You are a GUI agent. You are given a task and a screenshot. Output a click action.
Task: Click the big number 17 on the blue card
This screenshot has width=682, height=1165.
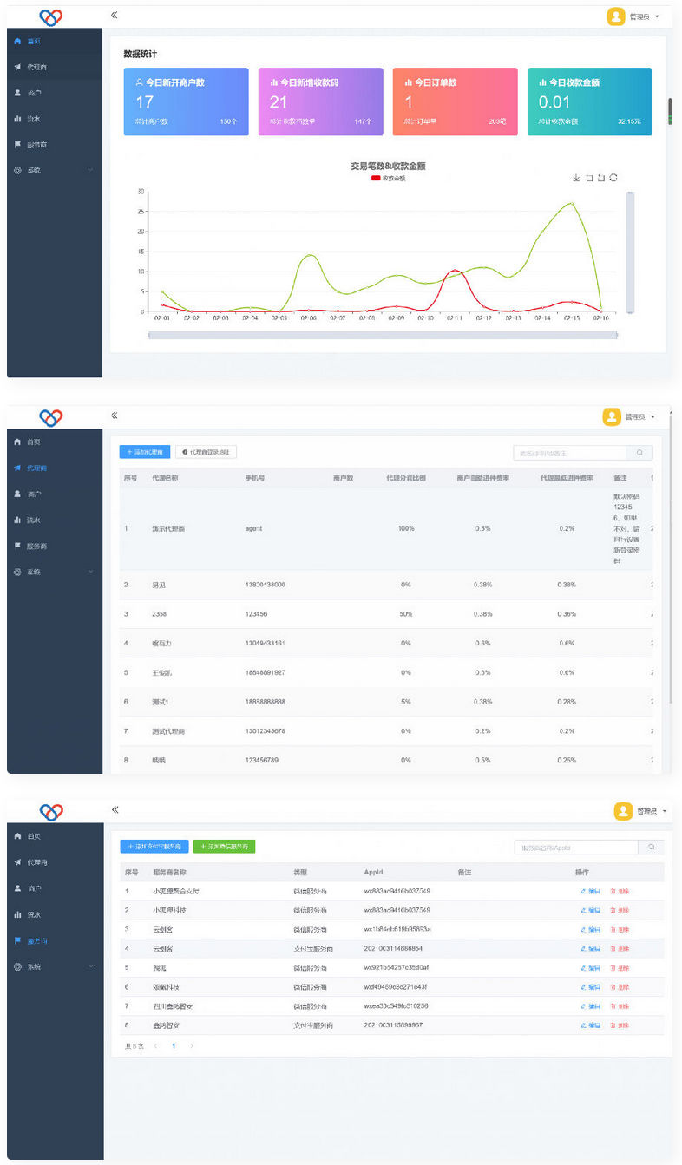[x=145, y=102]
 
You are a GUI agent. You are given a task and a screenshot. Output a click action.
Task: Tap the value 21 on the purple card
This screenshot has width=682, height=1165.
[x=279, y=102]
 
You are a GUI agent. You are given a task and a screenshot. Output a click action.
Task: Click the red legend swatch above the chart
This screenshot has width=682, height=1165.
[x=376, y=178]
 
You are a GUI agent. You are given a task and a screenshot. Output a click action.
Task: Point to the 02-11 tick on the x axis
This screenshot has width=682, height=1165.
[x=454, y=318]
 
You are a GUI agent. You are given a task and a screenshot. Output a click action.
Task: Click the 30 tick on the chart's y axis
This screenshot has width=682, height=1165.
[x=141, y=192]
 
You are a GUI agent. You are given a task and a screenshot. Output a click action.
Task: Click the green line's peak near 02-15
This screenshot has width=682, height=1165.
[x=570, y=203]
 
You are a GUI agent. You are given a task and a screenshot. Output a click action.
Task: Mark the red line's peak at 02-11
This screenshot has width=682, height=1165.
[x=453, y=271]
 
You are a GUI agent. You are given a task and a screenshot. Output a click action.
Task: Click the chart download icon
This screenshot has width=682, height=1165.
[x=576, y=178]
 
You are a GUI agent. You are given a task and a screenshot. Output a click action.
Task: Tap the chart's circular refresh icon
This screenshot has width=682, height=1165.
[x=613, y=178]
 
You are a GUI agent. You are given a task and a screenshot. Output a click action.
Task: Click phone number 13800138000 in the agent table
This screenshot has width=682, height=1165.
[x=265, y=585]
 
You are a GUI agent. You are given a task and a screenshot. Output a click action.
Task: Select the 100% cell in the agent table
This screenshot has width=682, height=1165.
[x=405, y=528]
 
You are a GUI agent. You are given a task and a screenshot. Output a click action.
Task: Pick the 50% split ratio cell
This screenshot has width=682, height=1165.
[x=405, y=614]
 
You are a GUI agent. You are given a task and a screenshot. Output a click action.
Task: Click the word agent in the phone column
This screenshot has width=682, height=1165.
[x=253, y=528]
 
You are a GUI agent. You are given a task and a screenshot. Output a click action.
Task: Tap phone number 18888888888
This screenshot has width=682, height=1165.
[x=265, y=702]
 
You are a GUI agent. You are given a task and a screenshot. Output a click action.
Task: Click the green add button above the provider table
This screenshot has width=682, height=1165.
[x=224, y=846]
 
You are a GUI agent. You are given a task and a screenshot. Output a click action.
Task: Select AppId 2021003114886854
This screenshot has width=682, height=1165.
[x=393, y=948]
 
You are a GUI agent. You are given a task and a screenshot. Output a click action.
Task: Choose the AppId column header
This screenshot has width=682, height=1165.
[x=373, y=872]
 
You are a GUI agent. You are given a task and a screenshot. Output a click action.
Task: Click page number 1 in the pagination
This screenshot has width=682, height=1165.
[x=173, y=1046]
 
